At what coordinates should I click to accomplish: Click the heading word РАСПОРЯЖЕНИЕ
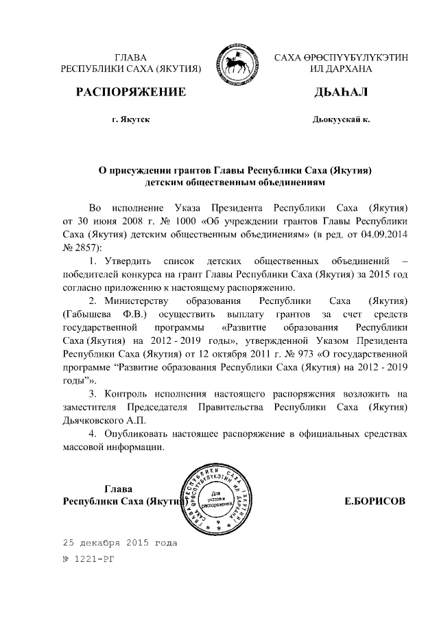click(x=130, y=91)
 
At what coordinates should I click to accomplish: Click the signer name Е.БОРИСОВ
click(x=375, y=501)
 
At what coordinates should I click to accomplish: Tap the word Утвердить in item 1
click(x=129, y=261)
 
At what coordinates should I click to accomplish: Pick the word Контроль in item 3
click(x=127, y=393)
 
